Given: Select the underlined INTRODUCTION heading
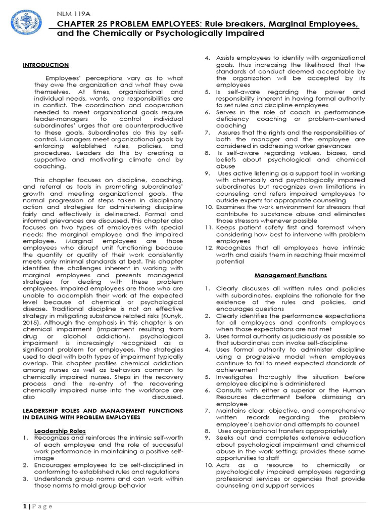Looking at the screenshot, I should click(46, 65).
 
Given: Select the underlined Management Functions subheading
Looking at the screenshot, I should click(290, 275).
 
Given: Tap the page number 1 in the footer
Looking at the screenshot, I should click(24, 506).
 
